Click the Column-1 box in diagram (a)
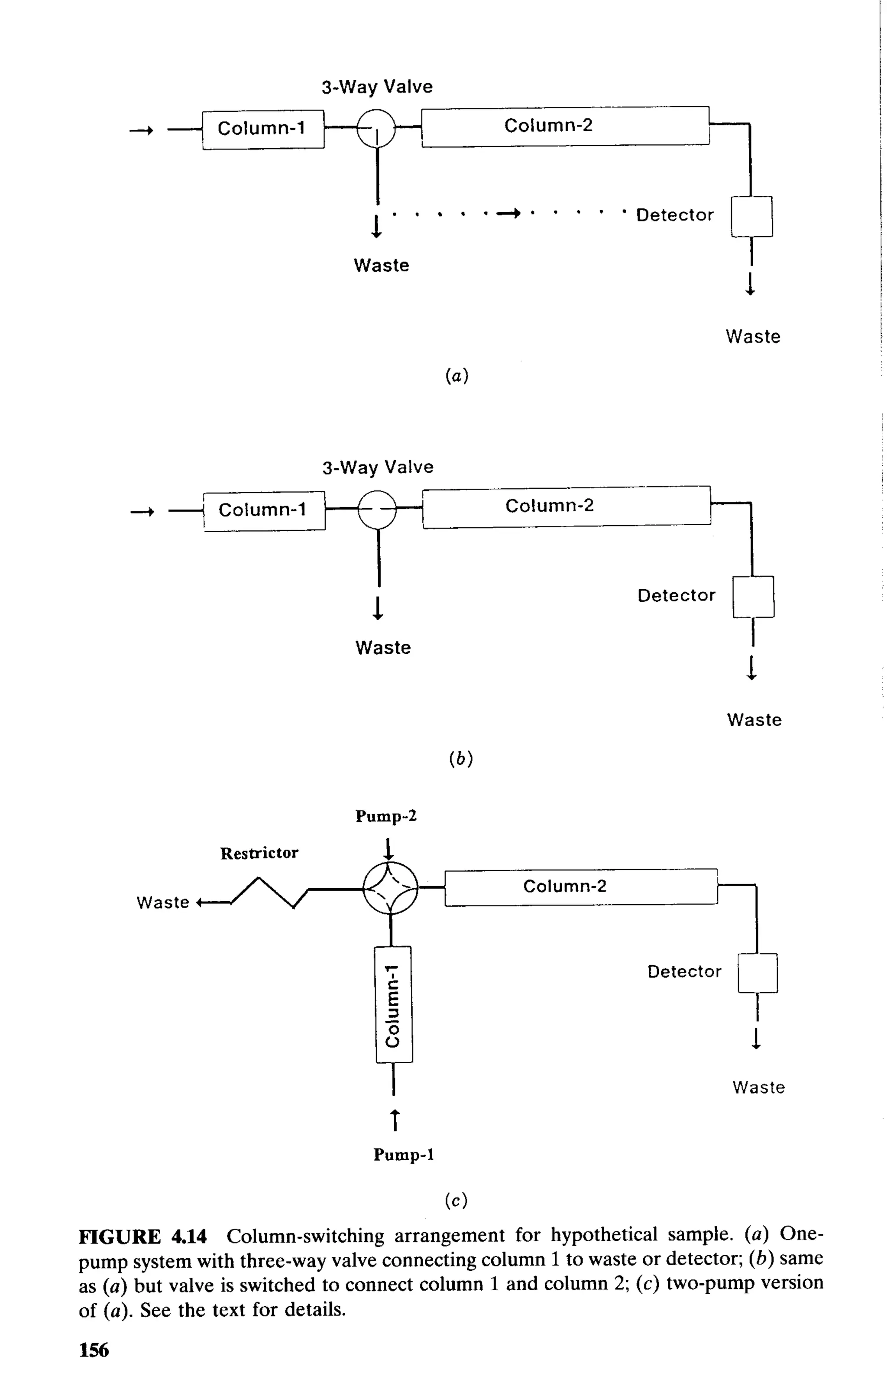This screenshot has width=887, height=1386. tap(262, 129)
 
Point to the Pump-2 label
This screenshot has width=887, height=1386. tap(386, 816)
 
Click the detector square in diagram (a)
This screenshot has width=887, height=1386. tap(751, 216)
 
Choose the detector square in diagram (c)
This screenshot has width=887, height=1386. tap(758, 973)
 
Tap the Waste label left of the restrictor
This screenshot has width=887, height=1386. tap(162, 902)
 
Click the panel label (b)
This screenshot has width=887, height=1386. tap(460, 759)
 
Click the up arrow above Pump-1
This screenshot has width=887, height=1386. tap(395, 1119)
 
